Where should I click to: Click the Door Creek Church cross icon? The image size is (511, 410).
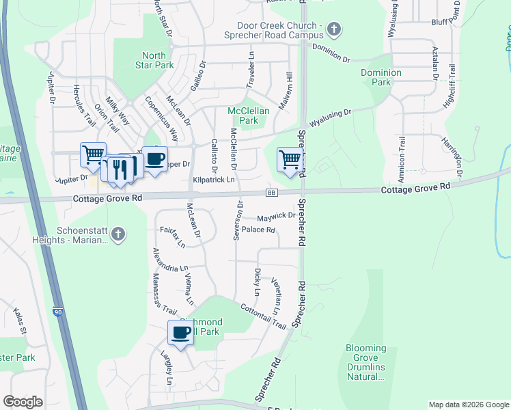pyautogui.click(x=333, y=29)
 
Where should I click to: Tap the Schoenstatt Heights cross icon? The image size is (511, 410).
pyautogui.click(x=118, y=234)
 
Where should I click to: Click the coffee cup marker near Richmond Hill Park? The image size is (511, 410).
pyautogui.click(x=181, y=333)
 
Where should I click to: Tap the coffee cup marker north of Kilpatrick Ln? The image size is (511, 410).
pyautogui.click(x=155, y=159)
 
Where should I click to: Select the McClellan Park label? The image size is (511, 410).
pyautogui.click(x=248, y=115)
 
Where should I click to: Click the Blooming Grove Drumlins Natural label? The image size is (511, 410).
pyautogui.click(x=365, y=362)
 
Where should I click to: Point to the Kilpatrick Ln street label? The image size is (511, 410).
pyautogui.click(x=214, y=180)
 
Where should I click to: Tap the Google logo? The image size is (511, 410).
pyautogui.click(x=23, y=402)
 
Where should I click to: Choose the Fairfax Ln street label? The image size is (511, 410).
pyautogui.click(x=171, y=236)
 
